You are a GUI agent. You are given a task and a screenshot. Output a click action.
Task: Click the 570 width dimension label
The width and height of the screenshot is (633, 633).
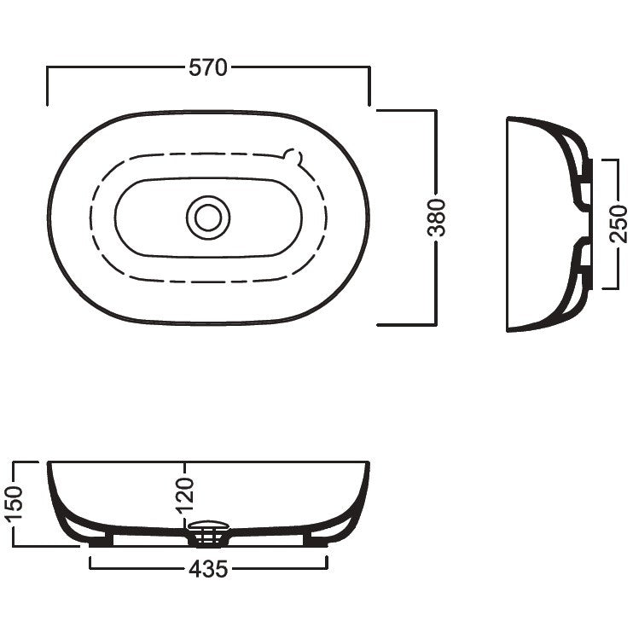point(208,67)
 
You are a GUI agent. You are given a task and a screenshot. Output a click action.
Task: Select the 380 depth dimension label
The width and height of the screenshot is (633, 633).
point(437,218)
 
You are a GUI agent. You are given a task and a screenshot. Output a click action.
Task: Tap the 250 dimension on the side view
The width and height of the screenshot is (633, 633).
point(618,224)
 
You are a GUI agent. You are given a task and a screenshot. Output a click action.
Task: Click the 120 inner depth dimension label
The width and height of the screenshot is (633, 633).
point(185,496)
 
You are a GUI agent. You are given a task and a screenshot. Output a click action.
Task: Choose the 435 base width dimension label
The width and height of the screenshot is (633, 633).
point(208,569)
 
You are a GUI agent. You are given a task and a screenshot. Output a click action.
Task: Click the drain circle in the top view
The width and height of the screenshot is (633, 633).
point(208,218)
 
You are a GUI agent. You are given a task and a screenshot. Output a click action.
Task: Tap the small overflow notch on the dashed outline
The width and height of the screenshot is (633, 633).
point(293,157)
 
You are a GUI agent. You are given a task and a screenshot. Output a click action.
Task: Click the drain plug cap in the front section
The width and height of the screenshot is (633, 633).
point(209,526)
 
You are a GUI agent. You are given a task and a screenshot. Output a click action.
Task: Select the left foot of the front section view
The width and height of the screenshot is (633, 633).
point(100,541)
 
